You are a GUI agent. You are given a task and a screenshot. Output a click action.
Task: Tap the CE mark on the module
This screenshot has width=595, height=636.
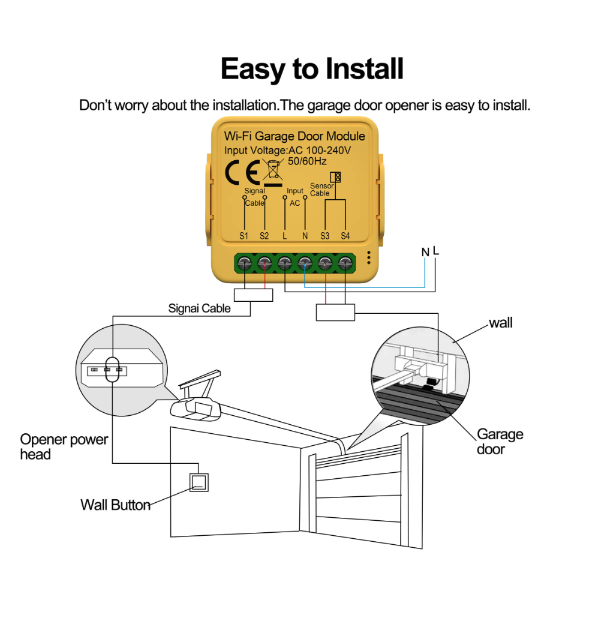[x=242, y=173]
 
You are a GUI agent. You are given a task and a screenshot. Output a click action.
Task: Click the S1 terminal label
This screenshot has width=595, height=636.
[x=244, y=236]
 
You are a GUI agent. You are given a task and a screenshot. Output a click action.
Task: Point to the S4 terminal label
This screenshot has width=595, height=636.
[x=345, y=236]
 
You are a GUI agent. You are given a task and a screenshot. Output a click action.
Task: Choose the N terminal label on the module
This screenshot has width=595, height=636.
[x=305, y=236]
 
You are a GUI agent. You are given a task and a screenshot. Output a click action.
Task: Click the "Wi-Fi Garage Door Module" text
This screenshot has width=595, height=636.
[x=294, y=136]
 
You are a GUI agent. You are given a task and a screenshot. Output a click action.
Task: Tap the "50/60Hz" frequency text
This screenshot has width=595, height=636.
[x=307, y=161]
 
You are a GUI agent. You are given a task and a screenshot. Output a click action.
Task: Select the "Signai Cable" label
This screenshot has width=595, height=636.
[x=199, y=309]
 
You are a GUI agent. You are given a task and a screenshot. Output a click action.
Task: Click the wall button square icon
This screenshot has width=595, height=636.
[x=199, y=482]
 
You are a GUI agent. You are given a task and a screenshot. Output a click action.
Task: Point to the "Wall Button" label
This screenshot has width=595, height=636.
[x=115, y=505]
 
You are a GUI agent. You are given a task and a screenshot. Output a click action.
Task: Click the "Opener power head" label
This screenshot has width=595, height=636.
[x=64, y=446]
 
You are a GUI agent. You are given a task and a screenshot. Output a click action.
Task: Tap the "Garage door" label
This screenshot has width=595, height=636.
[x=500, y=441]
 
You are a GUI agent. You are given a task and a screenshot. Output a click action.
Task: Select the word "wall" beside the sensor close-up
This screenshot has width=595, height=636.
[x=501, y=323]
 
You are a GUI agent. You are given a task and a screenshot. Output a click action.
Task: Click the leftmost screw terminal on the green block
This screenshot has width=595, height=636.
[x=245, y=262]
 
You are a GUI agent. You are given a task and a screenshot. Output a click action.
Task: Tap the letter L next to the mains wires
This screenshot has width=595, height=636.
[x=436, y=251]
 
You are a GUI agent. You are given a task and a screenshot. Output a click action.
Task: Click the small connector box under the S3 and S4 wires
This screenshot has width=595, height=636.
[x=335, y=311]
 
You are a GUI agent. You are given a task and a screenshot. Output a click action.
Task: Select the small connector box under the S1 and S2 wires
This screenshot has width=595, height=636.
[x=253, y=295]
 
